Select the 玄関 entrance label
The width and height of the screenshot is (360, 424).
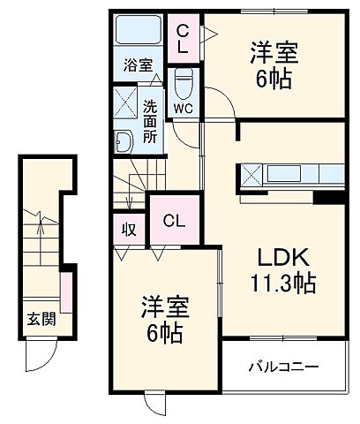pyautogui.click(x=40, y=319)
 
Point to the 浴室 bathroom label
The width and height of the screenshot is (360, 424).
pyautogui.click(x=138, y=64)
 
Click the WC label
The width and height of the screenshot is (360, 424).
pyautogui.click(x=183, y=109)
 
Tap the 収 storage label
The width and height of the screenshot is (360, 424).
pyautogui.click(x=129, y=228)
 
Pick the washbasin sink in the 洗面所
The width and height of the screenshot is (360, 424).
pyautogui.click(x=122, y=140)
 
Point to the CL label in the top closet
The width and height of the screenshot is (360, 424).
pyautogui.click(x=184, y=39)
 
